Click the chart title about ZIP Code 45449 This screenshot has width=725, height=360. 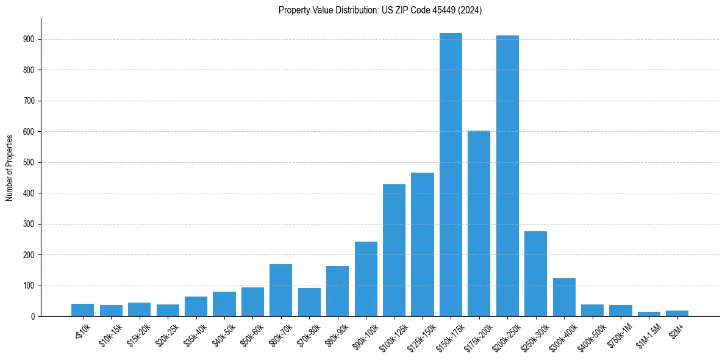(x=380, y=10)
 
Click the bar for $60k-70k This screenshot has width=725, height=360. (x=280, y=290)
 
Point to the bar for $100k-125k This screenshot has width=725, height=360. (x=394, y=250)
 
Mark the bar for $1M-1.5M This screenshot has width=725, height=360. (x=649, y=314)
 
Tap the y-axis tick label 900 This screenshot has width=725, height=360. (x=29, y=39)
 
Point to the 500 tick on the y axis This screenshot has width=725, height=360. (x=29, y=162)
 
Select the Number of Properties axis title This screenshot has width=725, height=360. (x=10, y=168)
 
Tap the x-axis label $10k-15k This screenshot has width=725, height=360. (x=110, y=333)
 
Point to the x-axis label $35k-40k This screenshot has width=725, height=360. (x=195, y=333)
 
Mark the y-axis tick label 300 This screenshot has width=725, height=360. (x=29, y=224)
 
